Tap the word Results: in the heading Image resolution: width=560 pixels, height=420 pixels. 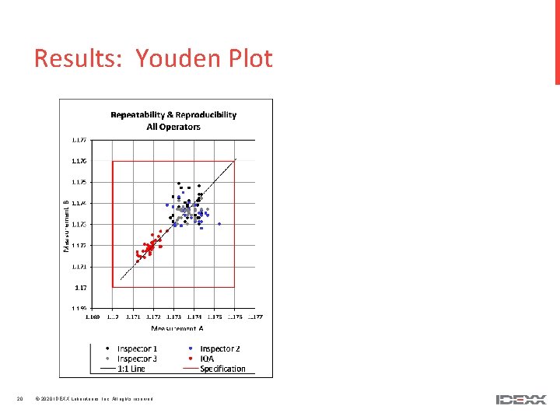79,59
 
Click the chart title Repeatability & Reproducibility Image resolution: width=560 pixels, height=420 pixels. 173,114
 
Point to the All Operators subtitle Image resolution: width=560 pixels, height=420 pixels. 173,126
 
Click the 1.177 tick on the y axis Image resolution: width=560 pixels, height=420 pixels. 79,141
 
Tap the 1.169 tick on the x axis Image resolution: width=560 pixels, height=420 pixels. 92,317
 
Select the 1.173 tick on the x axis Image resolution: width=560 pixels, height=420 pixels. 173,317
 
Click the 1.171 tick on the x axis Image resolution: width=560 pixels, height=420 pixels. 133,317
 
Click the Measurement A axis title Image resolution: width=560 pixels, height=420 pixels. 173,330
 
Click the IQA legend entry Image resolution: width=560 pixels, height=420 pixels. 208,359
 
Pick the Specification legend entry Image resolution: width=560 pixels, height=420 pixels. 222,369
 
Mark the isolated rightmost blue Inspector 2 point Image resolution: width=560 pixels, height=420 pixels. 219,224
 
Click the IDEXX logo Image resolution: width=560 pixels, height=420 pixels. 520,400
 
